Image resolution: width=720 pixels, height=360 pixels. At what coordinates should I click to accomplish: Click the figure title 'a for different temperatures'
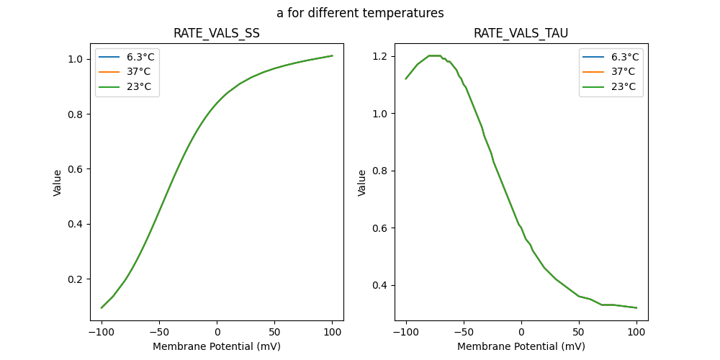(x=360, y=13)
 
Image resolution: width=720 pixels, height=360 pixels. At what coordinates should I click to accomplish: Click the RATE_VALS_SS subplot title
(x=217, y=33)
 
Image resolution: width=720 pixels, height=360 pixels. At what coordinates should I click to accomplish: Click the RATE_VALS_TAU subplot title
(x=521, y=33)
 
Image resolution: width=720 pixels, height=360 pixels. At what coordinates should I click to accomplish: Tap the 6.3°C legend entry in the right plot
(x=611, y=57)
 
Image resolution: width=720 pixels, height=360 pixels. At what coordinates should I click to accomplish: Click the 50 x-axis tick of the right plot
(x=578, y=331)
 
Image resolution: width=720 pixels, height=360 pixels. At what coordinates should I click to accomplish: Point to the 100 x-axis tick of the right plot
(x=636, y=331)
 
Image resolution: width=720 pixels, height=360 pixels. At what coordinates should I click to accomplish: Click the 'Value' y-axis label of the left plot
(x=58, y=182)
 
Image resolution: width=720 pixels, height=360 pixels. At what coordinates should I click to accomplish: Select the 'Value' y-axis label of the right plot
(x=362, y=182)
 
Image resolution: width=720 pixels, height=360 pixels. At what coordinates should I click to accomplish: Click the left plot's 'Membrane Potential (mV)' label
(x=217, y=346)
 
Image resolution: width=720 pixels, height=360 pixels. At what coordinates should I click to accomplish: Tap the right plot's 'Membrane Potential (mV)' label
(x=521, y=346)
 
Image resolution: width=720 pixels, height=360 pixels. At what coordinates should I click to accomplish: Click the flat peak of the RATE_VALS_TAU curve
(x=434, y=55)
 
